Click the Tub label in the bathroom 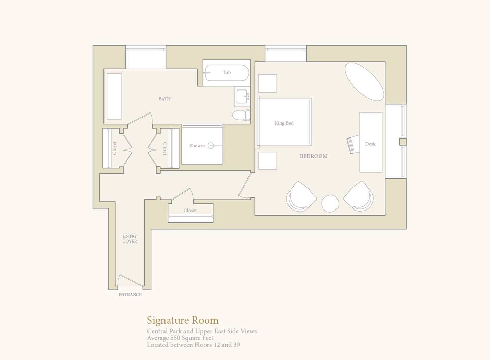[x=226, y=72]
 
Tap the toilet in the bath [x=241, y=115]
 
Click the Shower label [x=197, y=146]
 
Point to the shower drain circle [x=211, y=145]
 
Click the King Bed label [x=284, y=123]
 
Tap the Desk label [x=370, y=144]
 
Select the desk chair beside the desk [x=353, y=144]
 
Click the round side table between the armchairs [x=330, y=204]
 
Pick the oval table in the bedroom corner [x=365, y=82]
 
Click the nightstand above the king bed [x=267, y=83]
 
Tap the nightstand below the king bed [x=267, y=161]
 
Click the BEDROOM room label [x=314, y=156]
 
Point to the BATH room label [x=164, y=99]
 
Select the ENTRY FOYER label [x=130, y=239]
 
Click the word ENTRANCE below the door [x=130, y=295]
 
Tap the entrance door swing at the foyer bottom [x=130, y=280]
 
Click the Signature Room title [x=183, y=321]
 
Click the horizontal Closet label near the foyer [x=190, y=211]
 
